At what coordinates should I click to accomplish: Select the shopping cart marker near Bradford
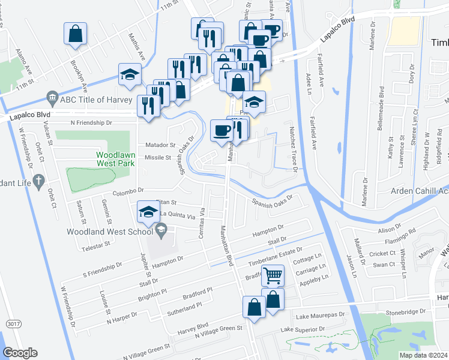click(273, 275)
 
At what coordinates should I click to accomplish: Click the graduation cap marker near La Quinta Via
click(148, 211)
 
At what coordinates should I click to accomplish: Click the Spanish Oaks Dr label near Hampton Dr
click(272, 202)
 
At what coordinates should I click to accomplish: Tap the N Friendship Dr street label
click(91, 122)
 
